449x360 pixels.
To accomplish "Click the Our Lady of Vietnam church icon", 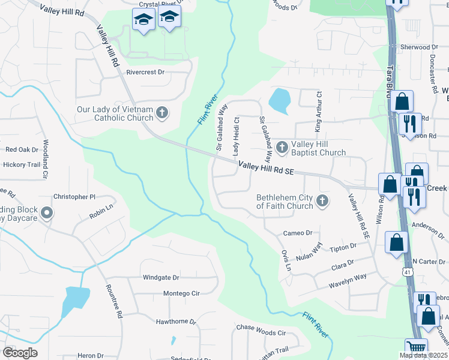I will click(161, 112).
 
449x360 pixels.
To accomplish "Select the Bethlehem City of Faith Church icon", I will click(322, 200).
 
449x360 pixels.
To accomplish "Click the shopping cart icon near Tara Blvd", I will click(415, 349).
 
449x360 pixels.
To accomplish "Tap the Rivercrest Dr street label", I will click(145, 72).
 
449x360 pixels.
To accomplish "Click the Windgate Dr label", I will click(161, 277).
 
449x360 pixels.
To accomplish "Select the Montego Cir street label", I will click(181, 293).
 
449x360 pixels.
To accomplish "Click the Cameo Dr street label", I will click(298, 233).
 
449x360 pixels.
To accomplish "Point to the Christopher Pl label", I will click(74, 197).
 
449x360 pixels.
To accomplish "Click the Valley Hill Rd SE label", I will click(266, 168).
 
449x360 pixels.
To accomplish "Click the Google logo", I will click(20, 353).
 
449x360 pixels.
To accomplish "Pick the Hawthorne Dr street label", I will click(176, 322).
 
